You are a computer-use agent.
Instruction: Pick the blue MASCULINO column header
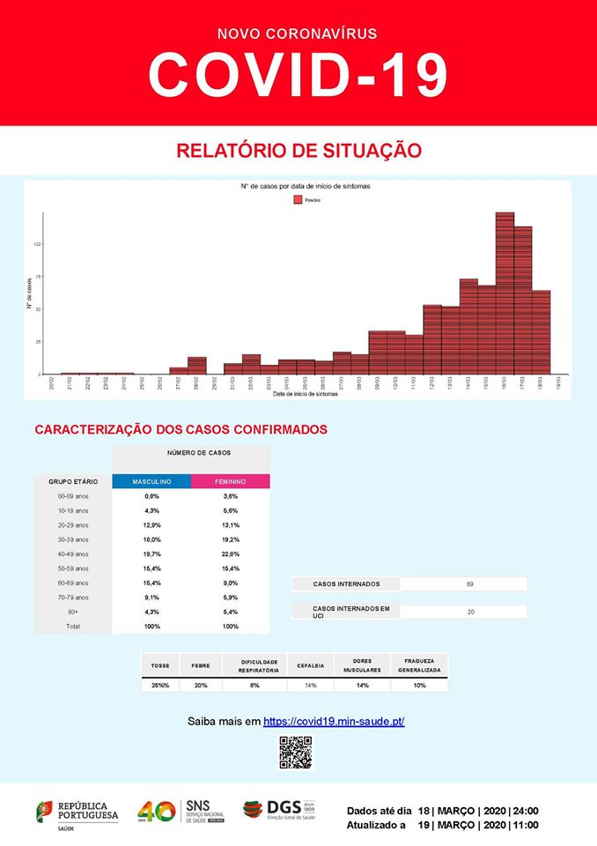[151, 482]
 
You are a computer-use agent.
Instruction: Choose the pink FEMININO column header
[230, 482]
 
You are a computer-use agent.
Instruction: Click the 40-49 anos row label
[73, 553]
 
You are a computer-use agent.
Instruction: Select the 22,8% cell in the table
[230, 553]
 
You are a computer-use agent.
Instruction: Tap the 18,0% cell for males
[151, 539]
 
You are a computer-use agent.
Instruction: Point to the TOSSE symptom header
[160, 664]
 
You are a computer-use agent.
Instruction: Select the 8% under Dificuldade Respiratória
[254, 685]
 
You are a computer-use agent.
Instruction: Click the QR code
[296, 752]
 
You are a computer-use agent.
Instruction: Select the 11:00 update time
[527, 825]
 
